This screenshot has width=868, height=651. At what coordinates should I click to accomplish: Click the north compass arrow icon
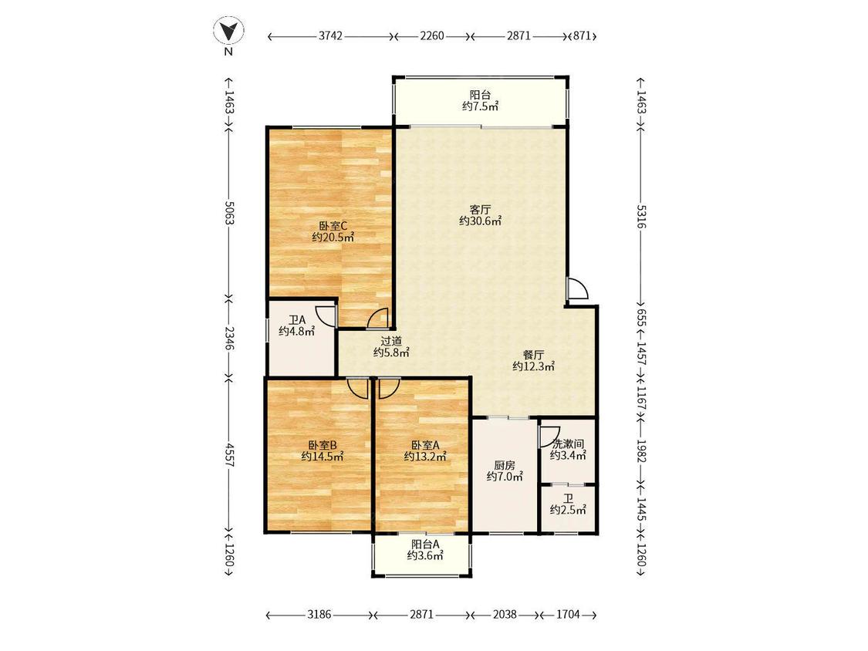pos(228,31)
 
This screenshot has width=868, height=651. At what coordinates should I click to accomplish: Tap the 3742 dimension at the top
pos(330,36)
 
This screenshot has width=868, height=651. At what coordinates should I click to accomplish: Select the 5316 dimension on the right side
pos(640,217)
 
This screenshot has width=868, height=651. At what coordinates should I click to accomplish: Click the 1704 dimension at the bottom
pos(567,614)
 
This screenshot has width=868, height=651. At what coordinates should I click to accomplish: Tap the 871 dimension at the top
pos(583,36)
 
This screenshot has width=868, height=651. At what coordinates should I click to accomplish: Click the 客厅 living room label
pos(480,210)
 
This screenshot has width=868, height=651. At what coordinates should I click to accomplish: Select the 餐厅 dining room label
pos(534,355)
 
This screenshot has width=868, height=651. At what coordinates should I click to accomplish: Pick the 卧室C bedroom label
pos(333,226)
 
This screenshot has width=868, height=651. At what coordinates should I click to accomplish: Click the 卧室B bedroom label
pos(323,445)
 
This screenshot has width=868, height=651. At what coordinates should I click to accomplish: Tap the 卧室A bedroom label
pos(425,445)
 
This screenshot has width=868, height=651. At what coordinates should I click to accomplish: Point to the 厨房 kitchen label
pos(505,466)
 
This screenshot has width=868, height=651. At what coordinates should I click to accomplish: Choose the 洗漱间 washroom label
pos(568,444)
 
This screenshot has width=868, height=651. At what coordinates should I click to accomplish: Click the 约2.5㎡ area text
pos(568,511)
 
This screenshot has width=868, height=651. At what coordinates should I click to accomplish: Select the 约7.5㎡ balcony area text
pos(480,106)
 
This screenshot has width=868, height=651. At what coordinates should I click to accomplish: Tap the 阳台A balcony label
pos(425,545)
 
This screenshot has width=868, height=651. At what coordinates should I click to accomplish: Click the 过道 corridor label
pos(391,341)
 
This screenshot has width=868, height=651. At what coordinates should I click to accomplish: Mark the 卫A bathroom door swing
pos(326,315)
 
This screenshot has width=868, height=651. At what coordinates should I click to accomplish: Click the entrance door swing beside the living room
pos(577,288)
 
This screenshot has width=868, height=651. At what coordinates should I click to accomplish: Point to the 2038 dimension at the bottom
pos(505,614)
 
